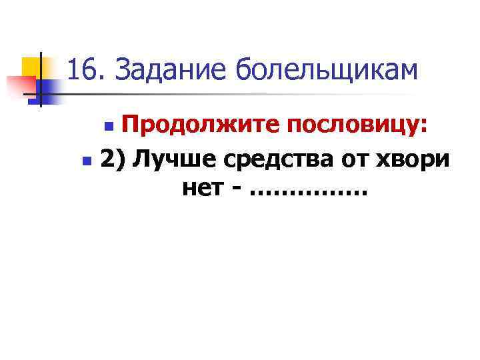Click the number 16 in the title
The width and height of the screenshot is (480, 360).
[80, 70]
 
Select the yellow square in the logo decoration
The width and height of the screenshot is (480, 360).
[31, 66]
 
